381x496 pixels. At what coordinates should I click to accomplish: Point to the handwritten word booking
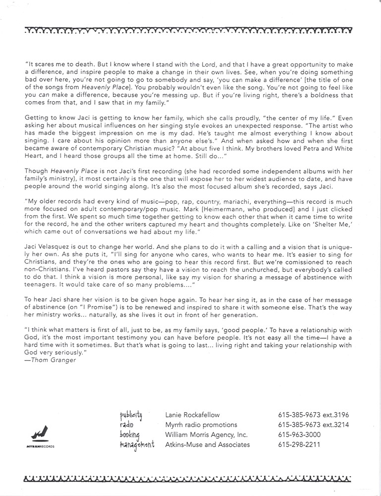130,435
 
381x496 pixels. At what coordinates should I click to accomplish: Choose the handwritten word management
137,445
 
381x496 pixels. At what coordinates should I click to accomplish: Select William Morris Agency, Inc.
207,435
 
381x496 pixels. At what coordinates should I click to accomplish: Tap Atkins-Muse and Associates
207,445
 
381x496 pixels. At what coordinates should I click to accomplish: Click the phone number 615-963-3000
299,435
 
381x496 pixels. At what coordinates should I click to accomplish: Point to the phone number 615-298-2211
299,445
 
